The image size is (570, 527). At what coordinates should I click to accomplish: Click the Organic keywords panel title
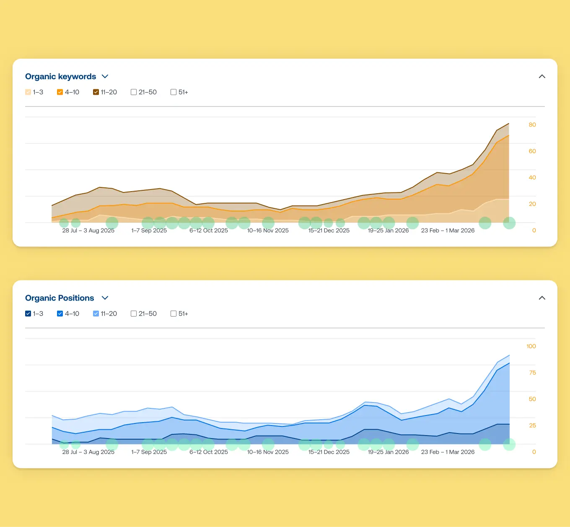pos(60,76)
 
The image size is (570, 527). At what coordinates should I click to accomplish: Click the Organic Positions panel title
pos(60,298)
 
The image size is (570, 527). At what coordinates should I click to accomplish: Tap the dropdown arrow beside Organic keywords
pos(105,76)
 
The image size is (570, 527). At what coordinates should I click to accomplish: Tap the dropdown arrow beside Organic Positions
pos(105,298)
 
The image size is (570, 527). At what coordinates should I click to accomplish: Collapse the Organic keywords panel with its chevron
pos(542,76)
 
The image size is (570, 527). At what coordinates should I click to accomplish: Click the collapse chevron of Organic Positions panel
pos(542,298)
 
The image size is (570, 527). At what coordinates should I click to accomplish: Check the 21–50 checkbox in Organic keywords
pos(134,92)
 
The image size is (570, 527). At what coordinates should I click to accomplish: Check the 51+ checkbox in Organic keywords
pos(174,92)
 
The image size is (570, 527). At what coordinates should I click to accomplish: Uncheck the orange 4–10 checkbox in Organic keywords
pos(60,92)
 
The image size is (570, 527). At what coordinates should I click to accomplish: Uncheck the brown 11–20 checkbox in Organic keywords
pos(96,92)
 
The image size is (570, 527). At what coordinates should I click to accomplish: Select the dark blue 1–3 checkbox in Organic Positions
pos(28,314)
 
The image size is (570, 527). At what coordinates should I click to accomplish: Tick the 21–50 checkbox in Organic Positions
pos(134,314)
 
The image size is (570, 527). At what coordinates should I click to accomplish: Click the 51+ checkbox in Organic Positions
pos(174,314)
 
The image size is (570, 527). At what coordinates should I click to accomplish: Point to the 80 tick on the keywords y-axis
pos(532,125)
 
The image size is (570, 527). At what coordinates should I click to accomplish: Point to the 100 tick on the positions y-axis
pos(531,346)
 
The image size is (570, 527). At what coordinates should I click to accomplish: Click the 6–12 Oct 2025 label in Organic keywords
pos(209,231)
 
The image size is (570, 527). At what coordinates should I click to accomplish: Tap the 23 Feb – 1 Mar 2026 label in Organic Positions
pos(448,452)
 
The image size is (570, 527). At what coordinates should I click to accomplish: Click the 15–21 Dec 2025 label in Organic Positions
pos(329,452)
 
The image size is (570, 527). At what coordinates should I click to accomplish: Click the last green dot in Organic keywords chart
pos(509,223)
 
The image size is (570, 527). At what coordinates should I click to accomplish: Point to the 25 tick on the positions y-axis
pos(532,426)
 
